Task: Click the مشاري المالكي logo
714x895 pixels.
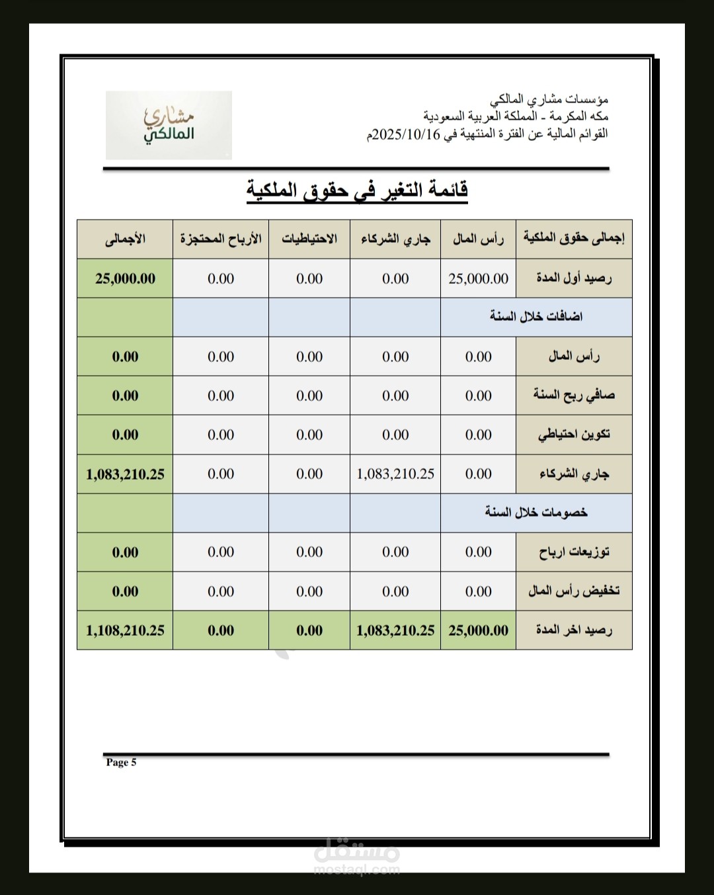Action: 169,125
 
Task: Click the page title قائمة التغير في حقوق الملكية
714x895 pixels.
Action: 357,190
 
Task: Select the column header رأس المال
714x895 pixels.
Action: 478,239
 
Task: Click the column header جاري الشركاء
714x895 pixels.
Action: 395,239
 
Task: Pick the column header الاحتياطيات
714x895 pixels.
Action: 309,239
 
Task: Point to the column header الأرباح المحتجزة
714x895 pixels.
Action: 221,239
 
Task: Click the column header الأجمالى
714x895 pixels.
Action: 125,239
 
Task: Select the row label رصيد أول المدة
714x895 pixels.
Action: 574,278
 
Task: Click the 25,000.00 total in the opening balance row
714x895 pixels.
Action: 125,278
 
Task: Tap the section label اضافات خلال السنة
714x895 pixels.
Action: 536,317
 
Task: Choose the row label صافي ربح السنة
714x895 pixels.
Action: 574,396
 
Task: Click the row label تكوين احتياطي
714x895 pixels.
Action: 574,435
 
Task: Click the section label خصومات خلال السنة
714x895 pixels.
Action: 536,513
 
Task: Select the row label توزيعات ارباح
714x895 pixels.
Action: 574,552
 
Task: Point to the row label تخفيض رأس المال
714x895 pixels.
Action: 574,591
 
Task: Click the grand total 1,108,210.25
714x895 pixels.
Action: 125,630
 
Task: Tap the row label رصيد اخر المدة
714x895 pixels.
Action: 574,630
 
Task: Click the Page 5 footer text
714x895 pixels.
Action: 121,762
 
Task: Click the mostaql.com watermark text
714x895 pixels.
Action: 357,869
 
